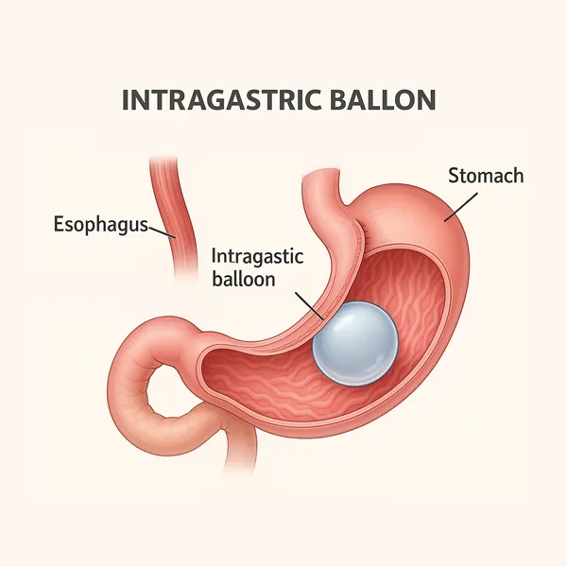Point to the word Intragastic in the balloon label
(252, 255)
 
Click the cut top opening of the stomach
(321, 177)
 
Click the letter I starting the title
(127, 100)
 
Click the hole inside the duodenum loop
(170, 383)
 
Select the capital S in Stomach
(451, 176)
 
